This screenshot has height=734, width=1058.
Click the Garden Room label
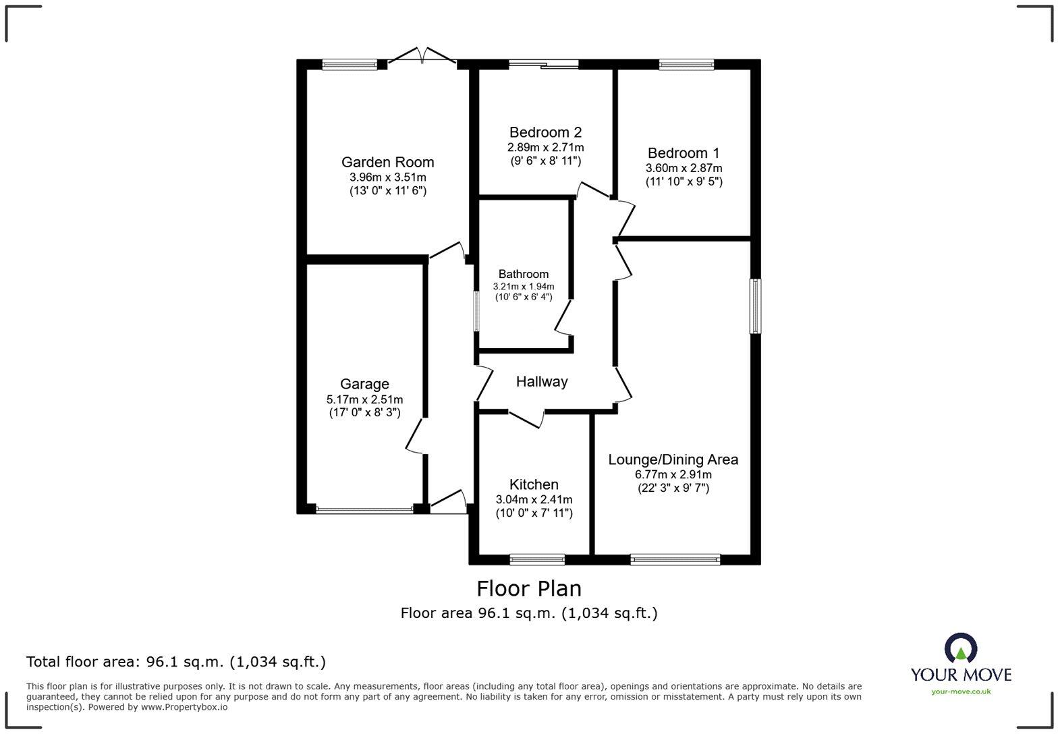click(x=387, y=162)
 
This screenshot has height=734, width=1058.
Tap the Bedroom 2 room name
click(x=545, y=132)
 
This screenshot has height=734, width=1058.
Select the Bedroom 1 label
click(x=684, y=153)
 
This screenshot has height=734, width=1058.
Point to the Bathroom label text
click(x=523, y=274)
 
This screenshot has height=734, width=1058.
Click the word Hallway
click(x=542, y=382)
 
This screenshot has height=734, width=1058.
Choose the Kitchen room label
click(x=534, y=484)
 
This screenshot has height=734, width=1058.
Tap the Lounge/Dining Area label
click(x=673, y=459)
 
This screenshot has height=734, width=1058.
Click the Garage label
click(x=364, y=384)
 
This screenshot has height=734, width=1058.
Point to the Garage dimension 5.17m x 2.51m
click(x=364, y=399)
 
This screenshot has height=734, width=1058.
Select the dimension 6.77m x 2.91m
click(x=673, y=474)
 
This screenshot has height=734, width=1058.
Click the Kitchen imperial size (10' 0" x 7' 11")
click(x=534, y=513)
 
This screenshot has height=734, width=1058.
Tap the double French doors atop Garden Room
click(x=423, y=57)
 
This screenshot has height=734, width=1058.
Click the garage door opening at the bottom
click(x=364, y=510)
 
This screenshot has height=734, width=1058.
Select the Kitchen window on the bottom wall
click(x=537, y=559)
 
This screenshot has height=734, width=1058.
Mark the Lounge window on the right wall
click(x=756, y=306)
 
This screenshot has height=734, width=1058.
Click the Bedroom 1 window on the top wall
click(x=686, y=65)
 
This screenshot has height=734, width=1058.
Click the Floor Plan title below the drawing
click(x=529, y=589)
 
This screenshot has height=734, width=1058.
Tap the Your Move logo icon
click(x=961, y=649)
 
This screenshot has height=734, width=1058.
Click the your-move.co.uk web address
click(x=961, y=691)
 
